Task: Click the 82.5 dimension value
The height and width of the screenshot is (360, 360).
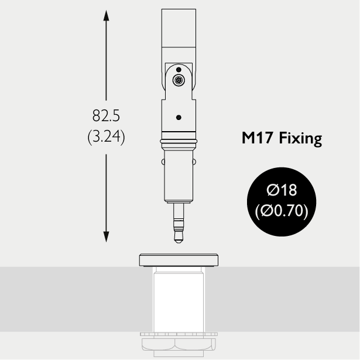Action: coord(106,115)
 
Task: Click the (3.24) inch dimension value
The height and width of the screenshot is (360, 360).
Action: coord(106,136)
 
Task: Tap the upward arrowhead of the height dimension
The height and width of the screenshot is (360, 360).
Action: coord(106,16)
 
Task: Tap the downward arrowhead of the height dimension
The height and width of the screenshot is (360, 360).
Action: coord(106,236)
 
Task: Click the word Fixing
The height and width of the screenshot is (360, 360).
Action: coord(300,138)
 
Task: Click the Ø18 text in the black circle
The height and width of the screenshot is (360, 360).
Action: coord(282,190)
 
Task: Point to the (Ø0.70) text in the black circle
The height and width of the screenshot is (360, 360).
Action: coord(282,211)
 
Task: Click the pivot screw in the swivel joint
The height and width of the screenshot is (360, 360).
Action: coord(179,80)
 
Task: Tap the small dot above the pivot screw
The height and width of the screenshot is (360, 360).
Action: coord(179,70)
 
